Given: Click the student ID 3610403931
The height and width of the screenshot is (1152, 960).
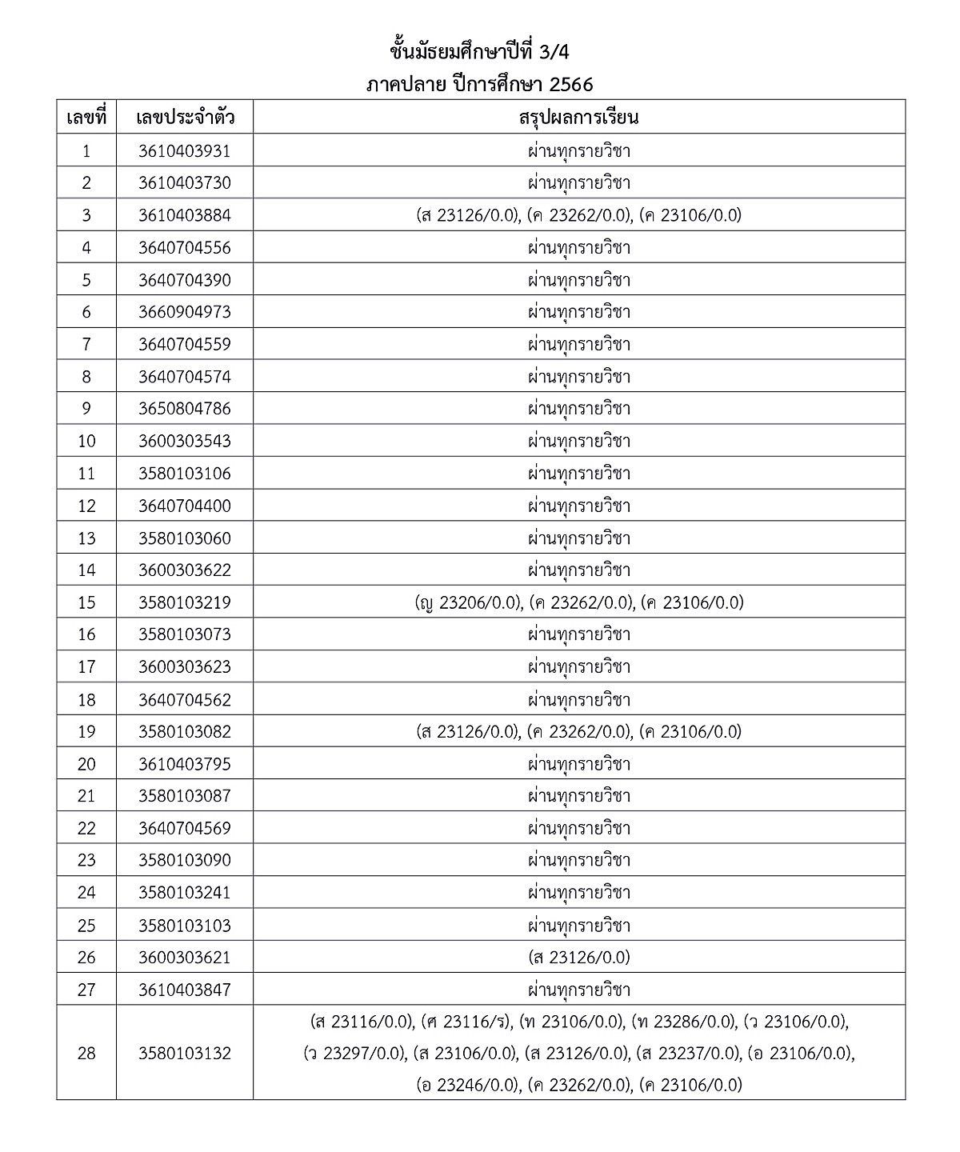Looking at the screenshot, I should click(184, 151).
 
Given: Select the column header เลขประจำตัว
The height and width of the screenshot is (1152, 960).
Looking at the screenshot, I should click(185, 118).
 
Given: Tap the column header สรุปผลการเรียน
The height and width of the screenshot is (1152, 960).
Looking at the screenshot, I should click(578, 118).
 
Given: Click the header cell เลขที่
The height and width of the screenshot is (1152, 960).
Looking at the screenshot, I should click(86, 118).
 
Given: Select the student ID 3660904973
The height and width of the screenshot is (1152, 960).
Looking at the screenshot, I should click(184, 312).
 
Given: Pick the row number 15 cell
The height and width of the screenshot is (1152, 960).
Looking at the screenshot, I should click(86, 602).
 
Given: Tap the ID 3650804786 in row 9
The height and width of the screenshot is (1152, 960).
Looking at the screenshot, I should click(184, 409).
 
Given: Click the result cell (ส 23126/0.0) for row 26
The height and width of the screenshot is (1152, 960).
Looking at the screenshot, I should click(579, 958).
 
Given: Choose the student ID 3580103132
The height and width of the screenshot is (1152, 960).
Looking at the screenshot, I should click(184, 1054).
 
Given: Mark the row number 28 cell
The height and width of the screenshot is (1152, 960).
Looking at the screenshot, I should click(86, 1054).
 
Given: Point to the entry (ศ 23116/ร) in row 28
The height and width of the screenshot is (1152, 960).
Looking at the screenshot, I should click(466, 1022).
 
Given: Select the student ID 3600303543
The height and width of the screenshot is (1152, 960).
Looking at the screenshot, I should click(184, 441).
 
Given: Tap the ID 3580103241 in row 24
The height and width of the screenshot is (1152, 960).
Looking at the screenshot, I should click(184, 893).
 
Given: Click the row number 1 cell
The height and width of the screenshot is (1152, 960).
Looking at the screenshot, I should click(86, 151).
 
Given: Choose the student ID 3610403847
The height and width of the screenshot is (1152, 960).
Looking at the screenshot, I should click(184, 990).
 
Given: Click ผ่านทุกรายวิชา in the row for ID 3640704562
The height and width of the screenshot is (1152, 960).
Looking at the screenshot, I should click(579, 699).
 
